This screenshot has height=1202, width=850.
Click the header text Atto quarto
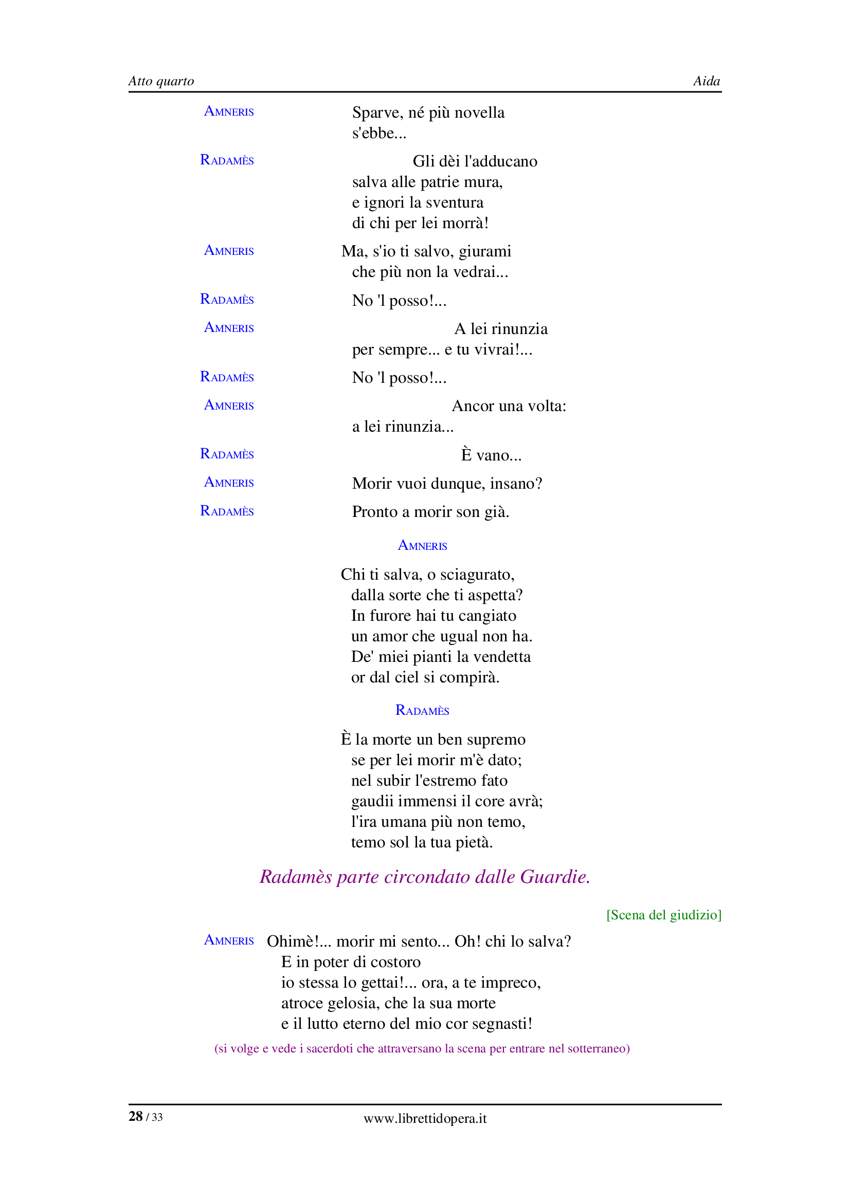[x=161, y=81]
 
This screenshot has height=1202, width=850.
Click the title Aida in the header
[x=706, y=81]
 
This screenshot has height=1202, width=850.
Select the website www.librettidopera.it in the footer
[x=425, y=1118]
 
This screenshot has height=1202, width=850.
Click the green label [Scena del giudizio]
[x=663, y=915]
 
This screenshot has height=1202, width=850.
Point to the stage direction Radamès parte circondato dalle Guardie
[x=425, y=877]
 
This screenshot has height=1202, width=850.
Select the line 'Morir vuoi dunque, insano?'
[x=447, y=483]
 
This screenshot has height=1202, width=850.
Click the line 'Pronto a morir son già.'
[x=430, y=511]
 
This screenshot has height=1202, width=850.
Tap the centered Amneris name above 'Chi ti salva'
[x=422, y=546]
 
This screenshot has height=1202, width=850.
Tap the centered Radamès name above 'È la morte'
[x=422, y=710]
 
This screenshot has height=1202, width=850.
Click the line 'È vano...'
[x=491, y=455]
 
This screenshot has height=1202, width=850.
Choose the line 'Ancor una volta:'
[x=509, y=406]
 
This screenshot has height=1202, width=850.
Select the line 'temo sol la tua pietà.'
[x=422, y=842]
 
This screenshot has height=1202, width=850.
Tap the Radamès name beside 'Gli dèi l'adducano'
[x=227, y=160]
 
